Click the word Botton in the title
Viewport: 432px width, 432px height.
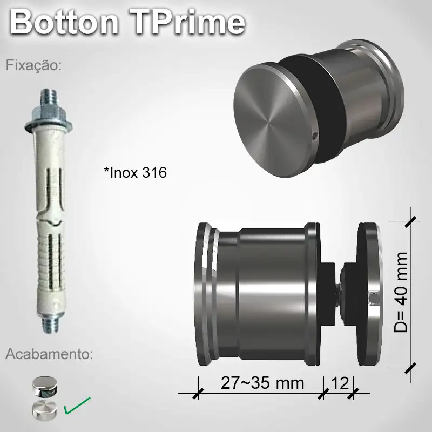[x=64, y=23]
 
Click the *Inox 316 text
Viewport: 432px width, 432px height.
[x=135, y=173]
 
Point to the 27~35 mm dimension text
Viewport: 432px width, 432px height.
[x=262, y=383]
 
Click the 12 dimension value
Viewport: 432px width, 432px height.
[x=339, y=383]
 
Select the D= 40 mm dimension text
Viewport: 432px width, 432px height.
[x=401, y=292]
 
